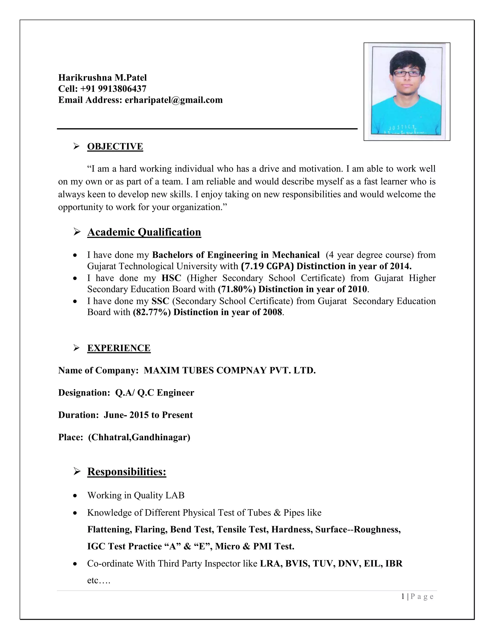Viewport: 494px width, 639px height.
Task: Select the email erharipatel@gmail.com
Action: pyautogui.click(x=173, y=100)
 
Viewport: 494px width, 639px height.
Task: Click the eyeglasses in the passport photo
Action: pyautogui.click(x=407, y=74)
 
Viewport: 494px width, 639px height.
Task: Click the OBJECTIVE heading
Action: pyautogui.click(x=115, y=146)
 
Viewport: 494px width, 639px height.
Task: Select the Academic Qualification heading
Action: pyautogui.click(x=144, y=232)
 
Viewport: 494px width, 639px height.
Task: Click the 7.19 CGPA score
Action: pyautogui.click(x=267, y=266)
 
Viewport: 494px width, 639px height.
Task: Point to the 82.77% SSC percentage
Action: pyautogui.click(x=151, y=312)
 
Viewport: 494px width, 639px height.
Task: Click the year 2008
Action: pyautogui.click(x=272, y=312)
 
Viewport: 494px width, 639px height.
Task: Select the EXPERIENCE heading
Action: pyautogui.click(x=119, y=348)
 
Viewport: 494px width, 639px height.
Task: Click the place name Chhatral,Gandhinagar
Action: pyautogui.click(x=139, y=437)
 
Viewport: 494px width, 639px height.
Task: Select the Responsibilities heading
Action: pyautogui.click(x=127, y=472)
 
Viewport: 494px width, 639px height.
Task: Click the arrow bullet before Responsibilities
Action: pyautogui.click(x=77, y=472)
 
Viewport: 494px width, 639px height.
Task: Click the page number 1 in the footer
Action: pyautogui.click(x=403, y=597)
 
